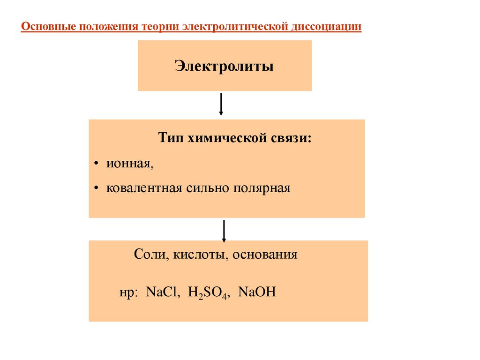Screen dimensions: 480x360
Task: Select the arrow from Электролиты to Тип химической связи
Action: [x=221, y=104]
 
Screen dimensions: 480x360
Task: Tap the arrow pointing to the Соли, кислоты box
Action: [x=225, y=230]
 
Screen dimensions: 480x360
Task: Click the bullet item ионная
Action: [x=130, y=164]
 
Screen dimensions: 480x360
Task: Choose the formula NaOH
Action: [x=257, y=292]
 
